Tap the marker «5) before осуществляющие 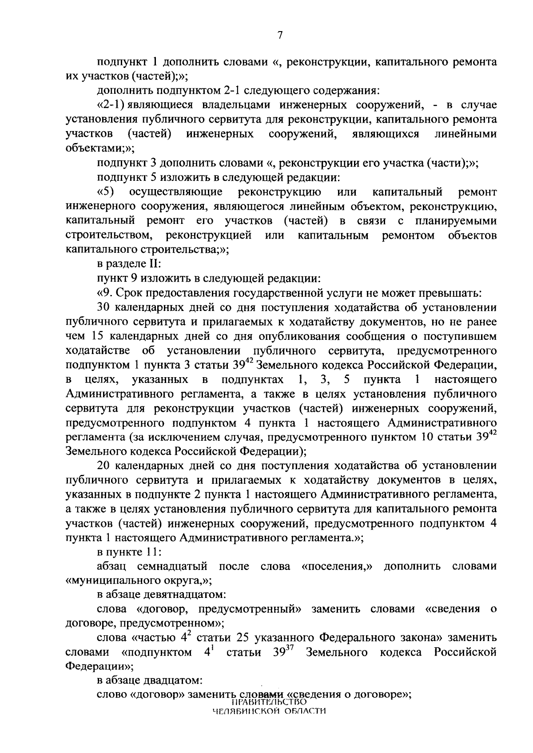[106, 192]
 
